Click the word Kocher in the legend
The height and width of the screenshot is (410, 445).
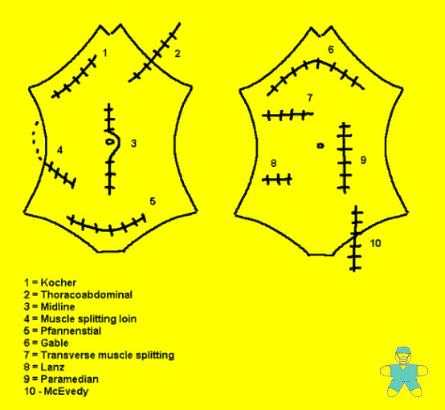[x=59, y=282]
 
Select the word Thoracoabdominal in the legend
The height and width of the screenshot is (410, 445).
[x=87, y=294]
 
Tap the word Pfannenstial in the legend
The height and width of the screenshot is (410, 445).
[x=71, y=331]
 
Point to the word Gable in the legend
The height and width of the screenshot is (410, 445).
[x=55, y=343]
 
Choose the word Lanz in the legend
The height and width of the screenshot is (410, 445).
[x=52, y=367]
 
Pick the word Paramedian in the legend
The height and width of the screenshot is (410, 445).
[x=70, y=379]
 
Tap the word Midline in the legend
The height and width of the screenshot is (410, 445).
[x=58, y=306]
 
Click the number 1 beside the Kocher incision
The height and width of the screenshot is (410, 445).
[x=104, y=53]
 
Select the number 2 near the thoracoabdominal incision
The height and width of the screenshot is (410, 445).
[x=178, y=53]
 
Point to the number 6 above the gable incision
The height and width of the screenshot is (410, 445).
[x=331, y=50]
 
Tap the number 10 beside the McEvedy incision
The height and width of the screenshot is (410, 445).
[x=375, y=243]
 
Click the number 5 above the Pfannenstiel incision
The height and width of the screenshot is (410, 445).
[x=153, y=201]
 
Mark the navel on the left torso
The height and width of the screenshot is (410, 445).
[x=109, y=141]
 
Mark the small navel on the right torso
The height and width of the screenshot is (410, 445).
[x=320, y=146]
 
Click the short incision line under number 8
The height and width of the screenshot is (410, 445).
[x=277, y=180]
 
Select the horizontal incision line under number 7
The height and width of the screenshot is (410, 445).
[x=288, y=115]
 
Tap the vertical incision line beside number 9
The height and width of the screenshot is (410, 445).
[x=345, y=158]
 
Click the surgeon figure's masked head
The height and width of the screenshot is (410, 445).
[x=403, y=355]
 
